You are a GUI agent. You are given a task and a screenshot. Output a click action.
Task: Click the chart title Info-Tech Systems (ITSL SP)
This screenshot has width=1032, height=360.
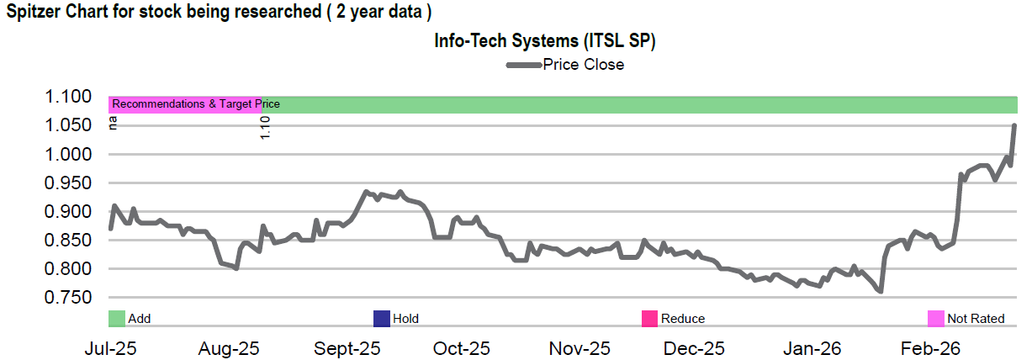click(544, 40)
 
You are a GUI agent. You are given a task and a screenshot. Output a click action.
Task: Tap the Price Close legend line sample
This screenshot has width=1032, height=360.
click(522, 65)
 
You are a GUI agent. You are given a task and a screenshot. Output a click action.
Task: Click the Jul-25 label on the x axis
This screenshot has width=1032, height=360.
click(109, 348)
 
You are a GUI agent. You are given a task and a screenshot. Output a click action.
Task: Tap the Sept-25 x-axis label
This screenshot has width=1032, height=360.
click(348, 348)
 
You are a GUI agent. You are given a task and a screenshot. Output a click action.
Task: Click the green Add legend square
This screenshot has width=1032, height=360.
click(117, 318)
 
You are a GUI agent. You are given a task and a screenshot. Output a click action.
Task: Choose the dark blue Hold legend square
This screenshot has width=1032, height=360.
click(382, 318)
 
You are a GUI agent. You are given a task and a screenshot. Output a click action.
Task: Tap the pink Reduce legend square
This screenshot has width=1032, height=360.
click(649, 318)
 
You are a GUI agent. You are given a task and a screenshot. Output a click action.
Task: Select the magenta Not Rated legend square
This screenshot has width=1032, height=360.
click(936, 318)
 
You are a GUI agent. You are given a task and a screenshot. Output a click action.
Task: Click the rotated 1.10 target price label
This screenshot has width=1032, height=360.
click(265, 128)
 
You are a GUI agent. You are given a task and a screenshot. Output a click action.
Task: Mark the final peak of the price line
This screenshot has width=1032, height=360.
click(1014, 125)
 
